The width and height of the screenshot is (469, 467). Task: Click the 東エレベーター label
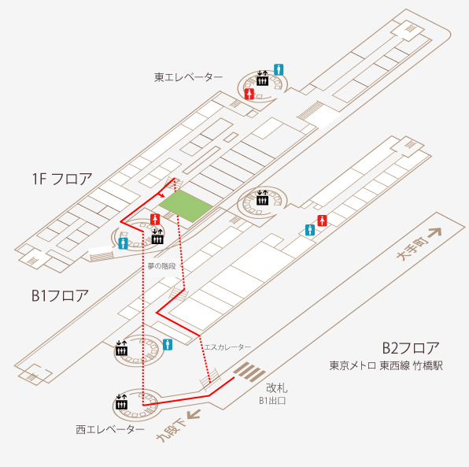(188, 77)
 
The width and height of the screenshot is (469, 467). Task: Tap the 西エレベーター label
(110, 429)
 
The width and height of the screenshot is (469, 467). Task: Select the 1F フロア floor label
(62, 179)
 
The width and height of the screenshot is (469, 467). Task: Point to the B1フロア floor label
(60, 295)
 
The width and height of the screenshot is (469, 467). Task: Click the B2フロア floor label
(411, 348)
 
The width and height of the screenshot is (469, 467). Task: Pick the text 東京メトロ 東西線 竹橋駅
(386, 365)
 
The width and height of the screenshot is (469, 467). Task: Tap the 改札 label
(277, 388)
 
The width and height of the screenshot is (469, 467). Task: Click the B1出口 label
(272, 401)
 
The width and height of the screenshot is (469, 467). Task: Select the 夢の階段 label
(161, 266)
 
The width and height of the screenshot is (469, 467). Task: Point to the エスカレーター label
(227, 347)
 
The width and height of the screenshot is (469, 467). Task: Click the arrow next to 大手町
(434, 232)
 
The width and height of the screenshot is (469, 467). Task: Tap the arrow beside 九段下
(194, 414)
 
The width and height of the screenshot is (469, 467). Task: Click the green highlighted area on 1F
(186, 206)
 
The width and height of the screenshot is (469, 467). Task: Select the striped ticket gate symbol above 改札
(249, 371)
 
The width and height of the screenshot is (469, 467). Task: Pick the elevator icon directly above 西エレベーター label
(121, 402)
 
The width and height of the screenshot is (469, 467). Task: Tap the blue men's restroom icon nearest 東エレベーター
(279, 70)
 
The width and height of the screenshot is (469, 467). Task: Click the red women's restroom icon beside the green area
(155, 220)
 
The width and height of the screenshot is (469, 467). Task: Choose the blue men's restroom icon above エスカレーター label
(168, 345)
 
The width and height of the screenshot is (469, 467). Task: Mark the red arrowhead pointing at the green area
(162, 196)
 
